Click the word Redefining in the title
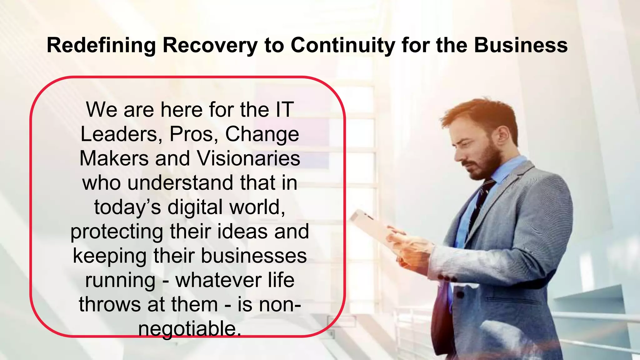click(x=101, y=45)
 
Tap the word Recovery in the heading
click(x=210, y=45)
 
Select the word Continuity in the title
click(x=343, y=45)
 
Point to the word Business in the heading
click(x=521, y=45)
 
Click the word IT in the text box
click(x=284, y=110)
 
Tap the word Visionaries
click(x=249, y=158)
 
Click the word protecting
click(x=117, y=232)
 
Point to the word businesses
click(x=253, y=256)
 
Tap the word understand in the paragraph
click(x=180, y=183)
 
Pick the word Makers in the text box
click(x=114, y=158)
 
